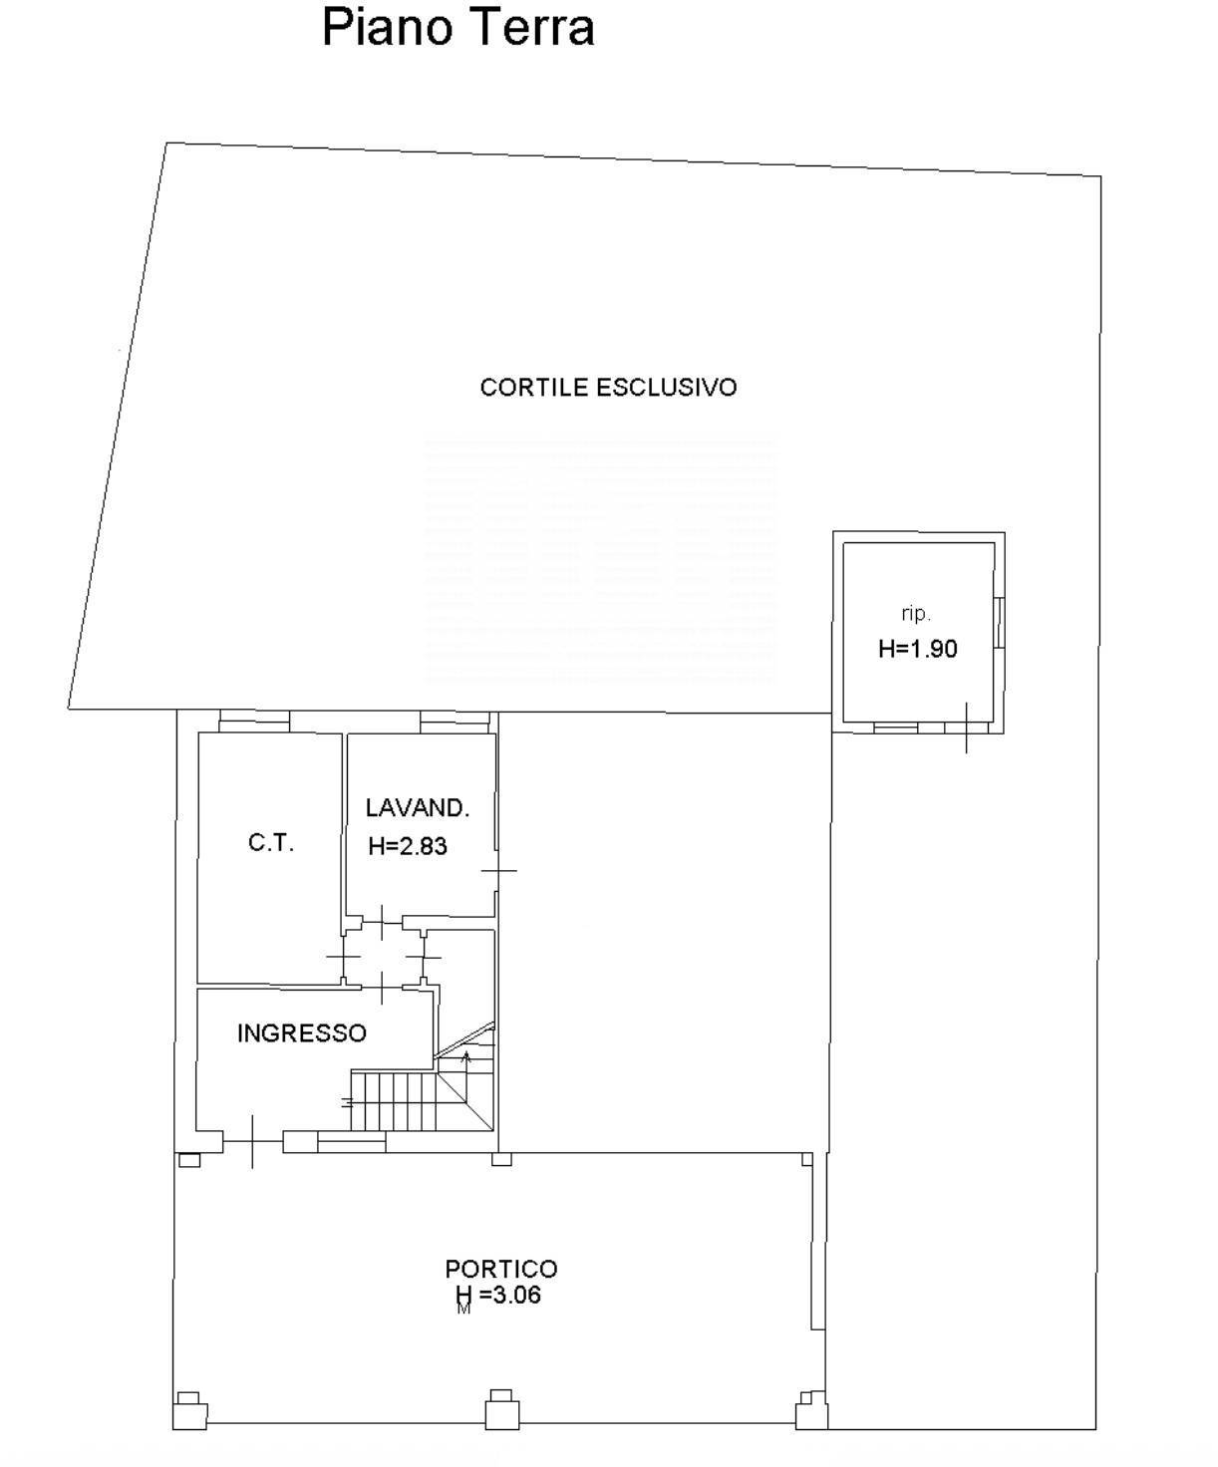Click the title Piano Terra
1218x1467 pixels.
click(x=458, y=28)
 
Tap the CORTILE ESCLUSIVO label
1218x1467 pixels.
click(x=608, y=387)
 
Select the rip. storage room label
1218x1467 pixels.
click(x=916, y=614)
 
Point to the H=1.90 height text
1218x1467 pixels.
click(x=918, y=649)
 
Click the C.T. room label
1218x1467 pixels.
click(x=270, y=842)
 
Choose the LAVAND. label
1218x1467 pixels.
click(x=418, y=807)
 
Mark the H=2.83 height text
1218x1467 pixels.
click(x=408, y=846)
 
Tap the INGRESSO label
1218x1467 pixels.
click(x=302, y=1032)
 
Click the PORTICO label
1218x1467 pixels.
click(x=501, y=1268)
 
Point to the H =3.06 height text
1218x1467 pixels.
click(x=498, y=1295)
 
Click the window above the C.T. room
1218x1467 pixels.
click(x=254, y=721)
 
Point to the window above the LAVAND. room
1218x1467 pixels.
click(x=455, y=722)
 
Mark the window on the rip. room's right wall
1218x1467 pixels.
click(x=999, y=623)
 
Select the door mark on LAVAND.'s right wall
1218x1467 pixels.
click(x=499, y=870)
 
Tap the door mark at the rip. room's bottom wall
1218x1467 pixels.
click(x=967, y=728)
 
